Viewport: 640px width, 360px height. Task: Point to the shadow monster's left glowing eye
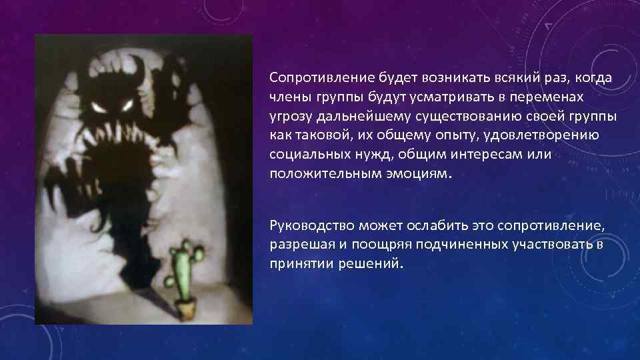[x=99, y=107]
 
